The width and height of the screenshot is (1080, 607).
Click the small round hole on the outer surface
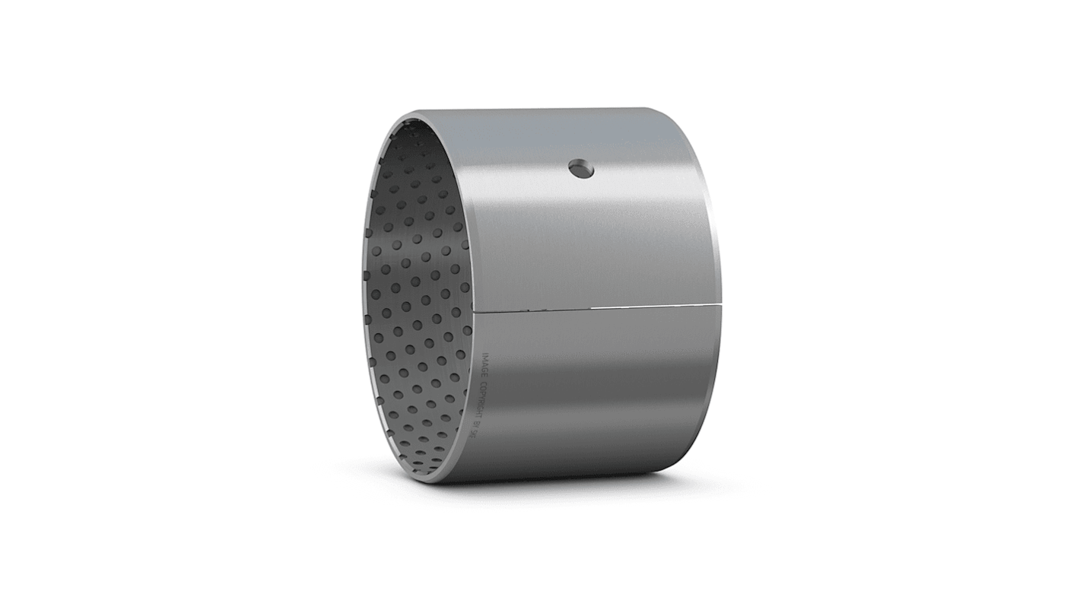(x=581, y=169)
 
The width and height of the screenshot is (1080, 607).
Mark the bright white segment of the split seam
(x=654, y=306)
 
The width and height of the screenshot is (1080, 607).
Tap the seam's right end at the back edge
(x=719, y=304)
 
